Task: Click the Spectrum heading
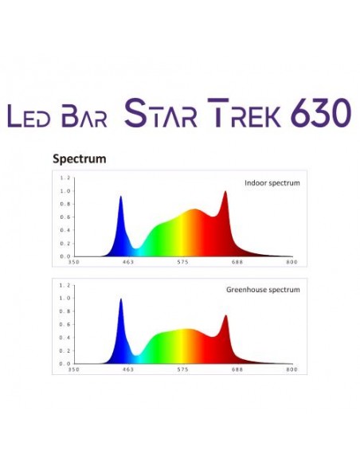(80, 158)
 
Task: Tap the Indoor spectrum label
(272, 182)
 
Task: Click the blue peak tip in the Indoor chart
(121, 197)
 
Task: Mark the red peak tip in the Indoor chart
(225, 191)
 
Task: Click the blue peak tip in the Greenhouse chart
(121, 299)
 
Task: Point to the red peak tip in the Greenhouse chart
(225, 316)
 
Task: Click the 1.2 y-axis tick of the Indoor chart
(66, 178)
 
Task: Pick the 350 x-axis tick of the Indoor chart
(73, 262)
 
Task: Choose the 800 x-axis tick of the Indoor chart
(292, 262)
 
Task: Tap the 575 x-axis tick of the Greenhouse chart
(182, 369)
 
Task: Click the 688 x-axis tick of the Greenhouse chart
(237, 369)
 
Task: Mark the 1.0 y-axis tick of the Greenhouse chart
(66, 299)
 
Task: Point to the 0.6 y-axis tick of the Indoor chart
(66, 217)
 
